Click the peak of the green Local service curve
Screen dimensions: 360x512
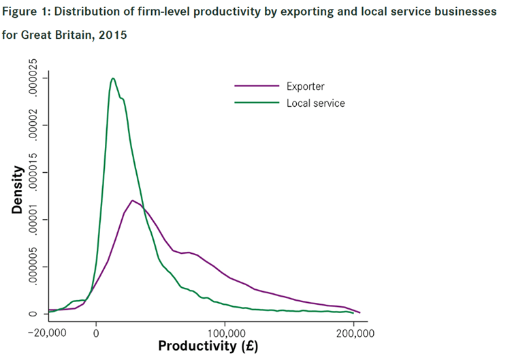coord(113,78)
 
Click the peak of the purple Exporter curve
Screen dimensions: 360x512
coord(132,201)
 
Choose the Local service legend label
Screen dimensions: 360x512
coord(316,103)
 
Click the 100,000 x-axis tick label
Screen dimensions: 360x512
coord(225,333)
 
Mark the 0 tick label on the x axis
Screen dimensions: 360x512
coord(96,333)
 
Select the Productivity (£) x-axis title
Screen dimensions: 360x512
coord(208,346)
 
